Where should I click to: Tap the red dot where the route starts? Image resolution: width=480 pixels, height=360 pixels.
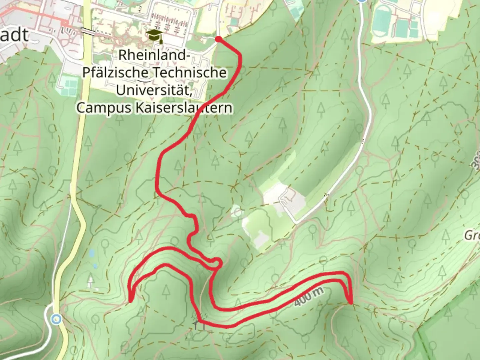(218, 40)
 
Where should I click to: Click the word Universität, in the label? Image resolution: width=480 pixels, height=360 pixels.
(154, 90)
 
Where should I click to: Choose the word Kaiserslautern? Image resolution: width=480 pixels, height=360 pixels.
(184, 108)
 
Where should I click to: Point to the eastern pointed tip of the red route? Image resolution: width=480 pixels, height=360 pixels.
(351, 303)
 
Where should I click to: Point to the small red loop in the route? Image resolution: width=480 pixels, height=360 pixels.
(215, 263)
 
